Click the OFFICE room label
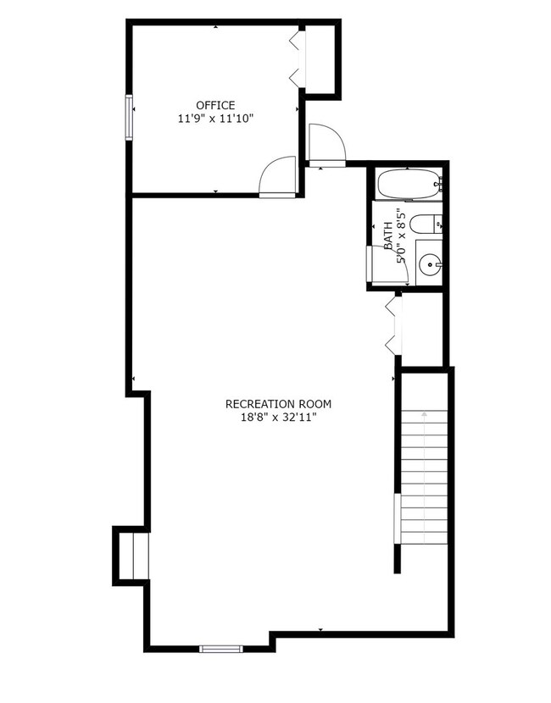tap(215, 105)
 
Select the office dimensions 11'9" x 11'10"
tap(216, 119)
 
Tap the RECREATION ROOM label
tap(278, 404)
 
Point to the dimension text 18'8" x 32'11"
tap(278, 418)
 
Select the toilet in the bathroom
tap(426, 224)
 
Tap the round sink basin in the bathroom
tap(430, 264)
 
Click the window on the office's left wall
tap(129, 118)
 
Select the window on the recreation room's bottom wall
tap(220, 648)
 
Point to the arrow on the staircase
tap(424, 476)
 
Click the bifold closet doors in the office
tap(296, 58)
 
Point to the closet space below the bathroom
tap(422, 329)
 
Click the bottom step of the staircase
tap(424, 538)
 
